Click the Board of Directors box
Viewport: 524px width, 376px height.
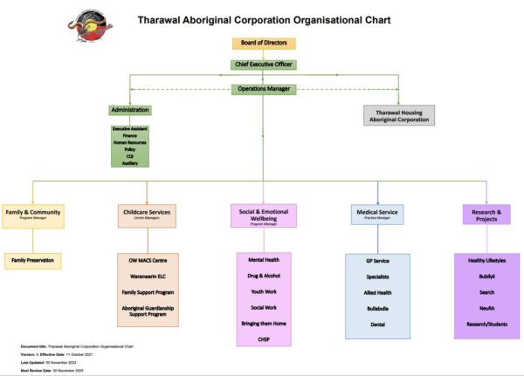(x=264, y=44)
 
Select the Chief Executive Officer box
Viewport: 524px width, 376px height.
(x=264, y=65)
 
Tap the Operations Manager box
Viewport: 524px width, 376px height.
(x=264, y=89)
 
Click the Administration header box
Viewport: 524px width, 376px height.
(x=130, y=110)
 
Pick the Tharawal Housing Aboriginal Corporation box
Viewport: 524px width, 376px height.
(x=398, y=116)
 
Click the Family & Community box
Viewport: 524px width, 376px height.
(x=33, y=215)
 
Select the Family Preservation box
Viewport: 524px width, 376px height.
(x=33, y=260)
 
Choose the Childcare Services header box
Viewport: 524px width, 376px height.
(x=148, y=213)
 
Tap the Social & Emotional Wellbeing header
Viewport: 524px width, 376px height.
(x=263, y=215)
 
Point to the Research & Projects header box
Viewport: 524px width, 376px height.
(x=486, y=215)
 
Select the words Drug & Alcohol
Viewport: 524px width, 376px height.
(x=263, y=276)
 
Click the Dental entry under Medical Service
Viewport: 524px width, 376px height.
(x=377, y=325)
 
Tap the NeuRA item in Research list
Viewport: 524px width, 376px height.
(x=486, y=308)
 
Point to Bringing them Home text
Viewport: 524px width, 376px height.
(x=263, y=323)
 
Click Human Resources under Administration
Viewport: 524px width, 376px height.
(x=130, y=142)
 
